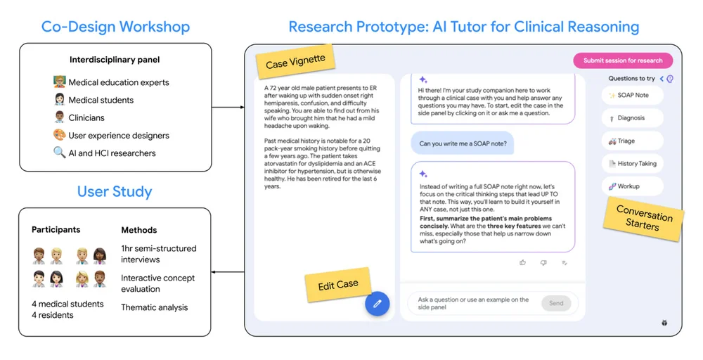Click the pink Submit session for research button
coord(623,60)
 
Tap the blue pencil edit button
coord(377,304)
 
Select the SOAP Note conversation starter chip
coord(632,95)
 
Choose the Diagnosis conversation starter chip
coord(632,118)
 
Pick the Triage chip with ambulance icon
coord(632,141)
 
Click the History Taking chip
coord(632,164)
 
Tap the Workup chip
coord(632,186)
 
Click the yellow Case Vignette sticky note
coord(295,62)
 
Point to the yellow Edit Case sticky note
coord(338,285)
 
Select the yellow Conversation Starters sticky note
coord(643,217)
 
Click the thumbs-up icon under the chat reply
coord(523,263)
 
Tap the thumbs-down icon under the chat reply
coord(543,263)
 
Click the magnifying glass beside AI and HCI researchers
coord(59,153)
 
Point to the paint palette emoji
coord(59,134)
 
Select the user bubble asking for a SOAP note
coord(463,143)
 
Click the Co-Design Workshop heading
coord(116,27)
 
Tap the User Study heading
coord(115,192)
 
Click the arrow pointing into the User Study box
coord(228,272)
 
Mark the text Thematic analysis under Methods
coord(154,307)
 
